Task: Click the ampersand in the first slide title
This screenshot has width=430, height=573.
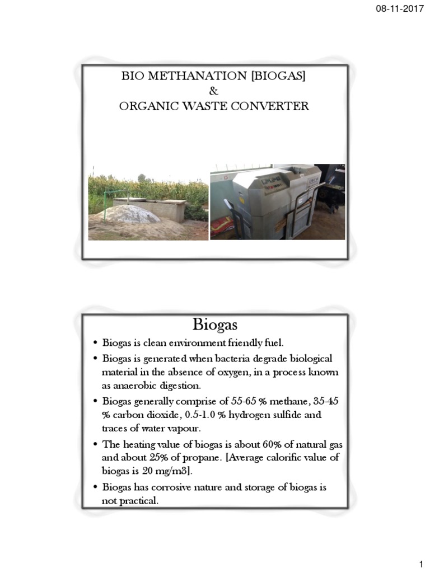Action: pos(213,91)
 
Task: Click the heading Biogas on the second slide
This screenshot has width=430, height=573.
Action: pos(215,325)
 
